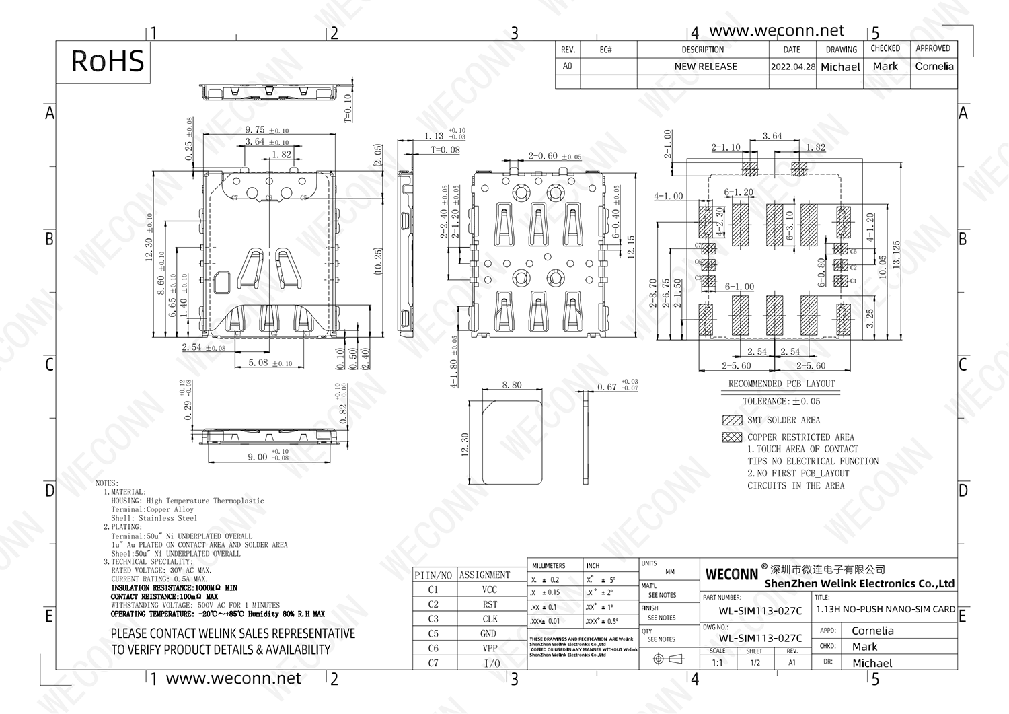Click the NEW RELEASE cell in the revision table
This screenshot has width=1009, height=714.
(x=705, y=67)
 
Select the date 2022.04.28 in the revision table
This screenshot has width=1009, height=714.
(x=792, y=67)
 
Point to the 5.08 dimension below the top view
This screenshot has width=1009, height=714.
(x=258, y=363)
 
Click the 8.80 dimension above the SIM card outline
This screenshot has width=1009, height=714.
(x=512, y=385)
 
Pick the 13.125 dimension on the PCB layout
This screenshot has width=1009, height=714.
(x=896, y=254)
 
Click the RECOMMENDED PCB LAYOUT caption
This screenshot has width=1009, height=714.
(x=781, y=384)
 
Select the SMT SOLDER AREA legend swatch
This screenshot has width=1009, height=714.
(x=732, y=420)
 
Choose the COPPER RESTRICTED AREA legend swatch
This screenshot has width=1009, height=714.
(x=732, y=437)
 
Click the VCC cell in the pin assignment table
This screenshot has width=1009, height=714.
(x=490, y=590)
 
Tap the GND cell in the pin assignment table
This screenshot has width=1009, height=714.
(x=489, y=633)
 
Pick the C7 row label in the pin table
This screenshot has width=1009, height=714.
(x=433, y=663)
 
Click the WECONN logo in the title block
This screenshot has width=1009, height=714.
(x=731, y=575)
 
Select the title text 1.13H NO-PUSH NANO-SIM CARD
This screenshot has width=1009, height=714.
(x=885, y=609)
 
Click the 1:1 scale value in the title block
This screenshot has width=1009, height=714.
(x=718, y=663)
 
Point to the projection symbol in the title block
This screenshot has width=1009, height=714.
(x=669, y=659)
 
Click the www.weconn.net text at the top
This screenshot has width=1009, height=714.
(x=776, y=31)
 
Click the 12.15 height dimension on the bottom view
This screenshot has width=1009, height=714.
(x=630, y=248)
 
